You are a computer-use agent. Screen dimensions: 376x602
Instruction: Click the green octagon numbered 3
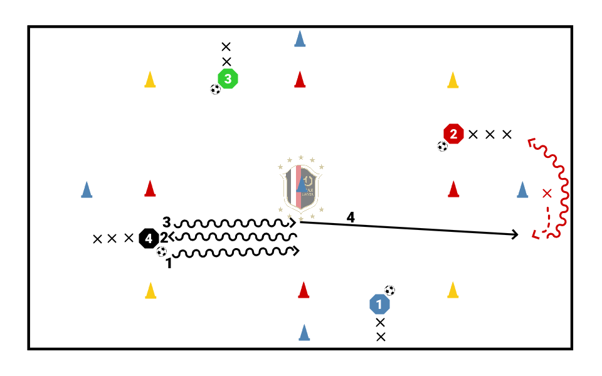coord(228,79)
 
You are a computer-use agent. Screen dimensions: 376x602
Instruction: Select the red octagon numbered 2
coord(453,133)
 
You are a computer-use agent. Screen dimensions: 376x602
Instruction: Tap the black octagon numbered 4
coord(149,238)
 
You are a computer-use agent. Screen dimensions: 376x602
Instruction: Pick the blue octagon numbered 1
coord(379,305)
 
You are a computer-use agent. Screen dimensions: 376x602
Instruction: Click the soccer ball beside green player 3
coord(216,90)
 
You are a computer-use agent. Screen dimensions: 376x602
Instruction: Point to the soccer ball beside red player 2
coord(443,147)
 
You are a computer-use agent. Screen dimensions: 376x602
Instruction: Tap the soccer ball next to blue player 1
coord(390,290)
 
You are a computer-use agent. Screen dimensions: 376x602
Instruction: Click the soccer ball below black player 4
coord(162,251)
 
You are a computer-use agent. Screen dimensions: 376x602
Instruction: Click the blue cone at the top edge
coord(300,39)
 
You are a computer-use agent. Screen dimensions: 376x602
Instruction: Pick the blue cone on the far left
coord(87,189)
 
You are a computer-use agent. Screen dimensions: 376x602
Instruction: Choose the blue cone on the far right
coord(522,189)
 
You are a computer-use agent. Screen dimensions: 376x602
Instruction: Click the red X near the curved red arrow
coord(547,192)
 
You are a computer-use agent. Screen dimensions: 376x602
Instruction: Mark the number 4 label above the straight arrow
coord(351,217)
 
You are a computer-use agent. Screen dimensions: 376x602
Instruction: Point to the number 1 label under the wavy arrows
coord(168,264)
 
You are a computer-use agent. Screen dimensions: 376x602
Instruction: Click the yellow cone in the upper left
coord(150,80)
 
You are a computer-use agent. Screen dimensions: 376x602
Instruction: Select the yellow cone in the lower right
coord(453,290)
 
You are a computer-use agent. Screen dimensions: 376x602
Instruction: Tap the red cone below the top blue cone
coord(300,80)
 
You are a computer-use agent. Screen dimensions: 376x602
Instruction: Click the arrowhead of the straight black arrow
coord(515,234)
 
